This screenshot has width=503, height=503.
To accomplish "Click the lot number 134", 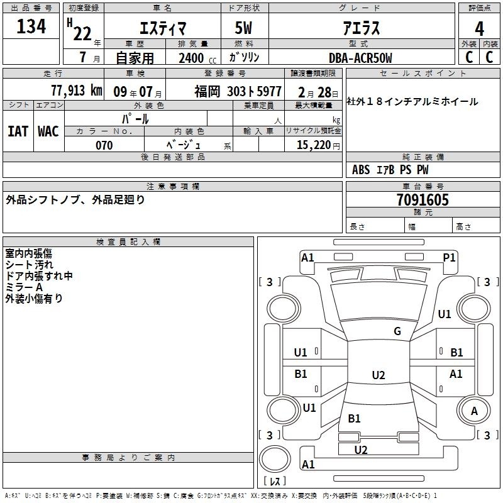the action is click(x=31, y=26).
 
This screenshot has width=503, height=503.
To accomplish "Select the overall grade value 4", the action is click(x=479, y=29).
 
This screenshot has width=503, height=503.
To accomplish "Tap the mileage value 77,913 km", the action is click(x=77, y=91).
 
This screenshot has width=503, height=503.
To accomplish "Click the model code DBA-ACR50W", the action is click(x=360, y=58).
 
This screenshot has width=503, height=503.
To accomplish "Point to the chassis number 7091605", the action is click(x=423, y=200).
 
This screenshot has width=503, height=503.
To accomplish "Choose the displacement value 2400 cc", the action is click(x=197, y=58).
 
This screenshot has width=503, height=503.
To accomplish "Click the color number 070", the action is click(x=104, y=145).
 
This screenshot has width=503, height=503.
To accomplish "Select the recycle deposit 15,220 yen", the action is click(x=318, y=145).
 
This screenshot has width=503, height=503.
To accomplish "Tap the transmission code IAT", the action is click(x=18, y=131).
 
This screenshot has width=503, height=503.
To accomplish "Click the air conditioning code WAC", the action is click(x=48, y=131).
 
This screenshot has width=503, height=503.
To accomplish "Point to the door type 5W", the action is click(x=243, y=28).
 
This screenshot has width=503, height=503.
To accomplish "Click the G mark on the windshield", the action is click(x=397, y=331).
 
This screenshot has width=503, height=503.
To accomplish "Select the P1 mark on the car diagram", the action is click(x=449, y=257).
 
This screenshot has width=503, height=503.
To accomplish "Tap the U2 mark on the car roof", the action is click(x=379, y=375).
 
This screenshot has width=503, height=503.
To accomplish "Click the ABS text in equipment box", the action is click(x=361, y=170).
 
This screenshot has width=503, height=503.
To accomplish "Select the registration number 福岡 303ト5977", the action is click(x=238, y=92).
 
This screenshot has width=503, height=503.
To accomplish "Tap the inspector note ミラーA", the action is click(x=24, y=287).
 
